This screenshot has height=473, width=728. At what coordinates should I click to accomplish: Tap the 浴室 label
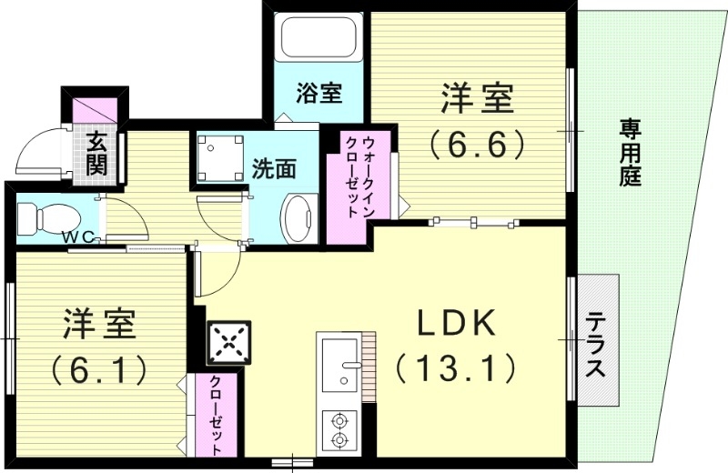pos(319,93)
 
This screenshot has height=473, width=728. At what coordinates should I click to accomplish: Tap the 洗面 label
pos(274,168)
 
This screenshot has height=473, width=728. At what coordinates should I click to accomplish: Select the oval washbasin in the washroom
pos(297,217)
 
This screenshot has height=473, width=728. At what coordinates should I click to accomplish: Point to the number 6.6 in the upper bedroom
pos(479,143)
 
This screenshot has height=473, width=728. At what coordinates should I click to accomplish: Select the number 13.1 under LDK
pos(456,368)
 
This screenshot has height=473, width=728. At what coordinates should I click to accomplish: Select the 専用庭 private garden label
pos(630,152)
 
